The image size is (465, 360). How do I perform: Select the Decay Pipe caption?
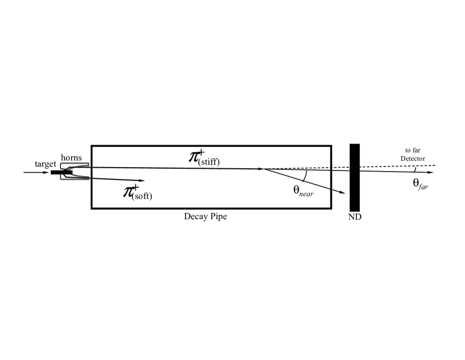(x=206, y=216)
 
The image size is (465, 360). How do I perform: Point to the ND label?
(x=355, y=216)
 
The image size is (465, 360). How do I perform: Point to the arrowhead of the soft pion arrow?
(x=142, y=180)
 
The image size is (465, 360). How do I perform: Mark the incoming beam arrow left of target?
(x=36, y=172)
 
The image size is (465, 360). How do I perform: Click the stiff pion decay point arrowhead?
(x=262, y=168)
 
